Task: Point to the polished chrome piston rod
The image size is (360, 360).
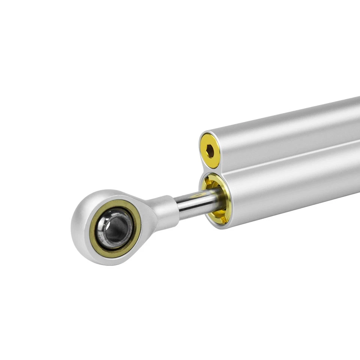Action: click(195, 204)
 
